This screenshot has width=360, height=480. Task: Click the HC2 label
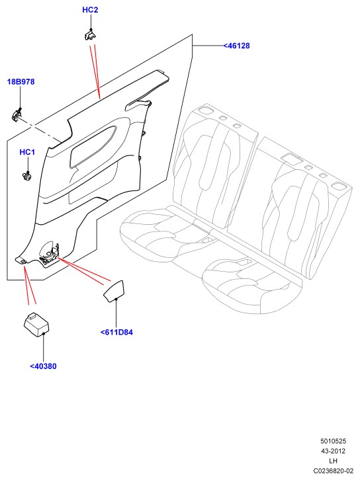click(90, 10)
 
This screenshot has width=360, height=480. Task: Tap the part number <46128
click(236, 46)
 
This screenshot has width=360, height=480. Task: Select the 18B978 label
click(21, 82)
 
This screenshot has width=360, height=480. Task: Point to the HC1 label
click(27, 152)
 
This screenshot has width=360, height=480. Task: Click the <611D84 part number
click(116, 332)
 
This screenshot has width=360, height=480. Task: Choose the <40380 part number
click(43, 366)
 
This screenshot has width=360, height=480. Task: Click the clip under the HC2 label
click(90, 34)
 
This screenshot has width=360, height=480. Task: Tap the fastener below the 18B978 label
click(17, 115)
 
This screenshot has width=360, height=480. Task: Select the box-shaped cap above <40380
click(36, 325)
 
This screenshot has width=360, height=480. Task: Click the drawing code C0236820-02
click(333, 471)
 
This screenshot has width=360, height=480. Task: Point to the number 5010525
click(334, 441)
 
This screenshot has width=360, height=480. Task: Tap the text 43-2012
click(333, 451)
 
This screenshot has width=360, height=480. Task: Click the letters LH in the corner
click(333, 461)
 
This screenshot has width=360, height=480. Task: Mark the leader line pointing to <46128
click(208, 46)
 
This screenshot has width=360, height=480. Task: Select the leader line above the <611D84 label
click(116, 313)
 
